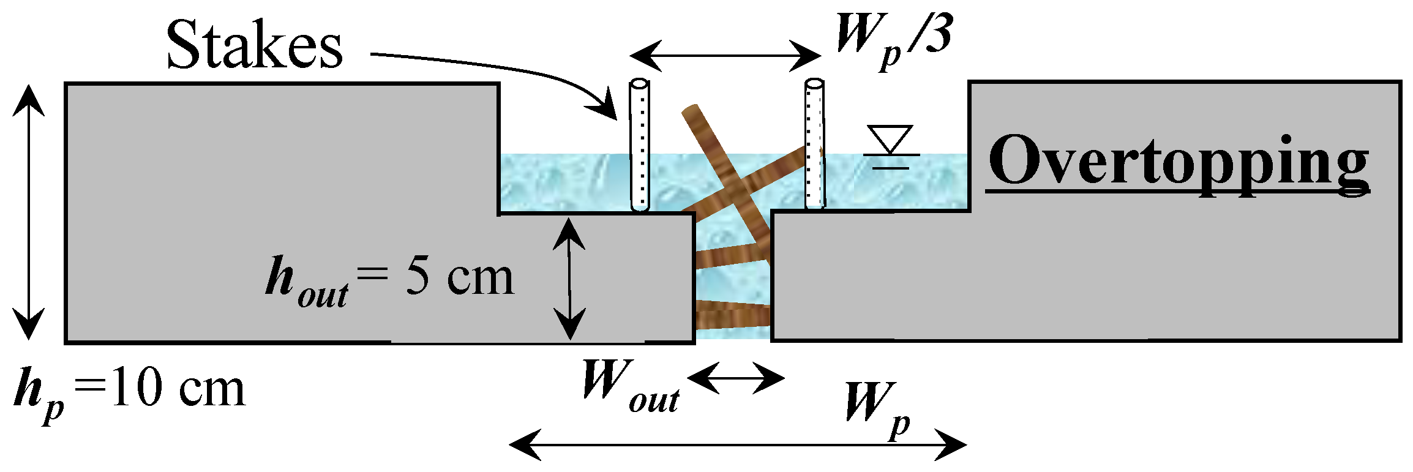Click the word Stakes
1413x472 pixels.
click(254, 45)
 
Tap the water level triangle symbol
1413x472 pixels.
click(891, 138)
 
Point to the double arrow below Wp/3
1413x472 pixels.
click(725, 56)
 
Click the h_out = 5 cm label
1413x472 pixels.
click(389, 279)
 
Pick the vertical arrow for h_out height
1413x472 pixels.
click(569, 279)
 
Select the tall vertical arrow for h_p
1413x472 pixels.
click(28, 212)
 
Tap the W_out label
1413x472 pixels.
click(630, 389)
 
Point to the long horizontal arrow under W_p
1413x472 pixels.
click(738, 444)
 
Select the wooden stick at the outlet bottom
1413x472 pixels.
click(733, 315)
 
